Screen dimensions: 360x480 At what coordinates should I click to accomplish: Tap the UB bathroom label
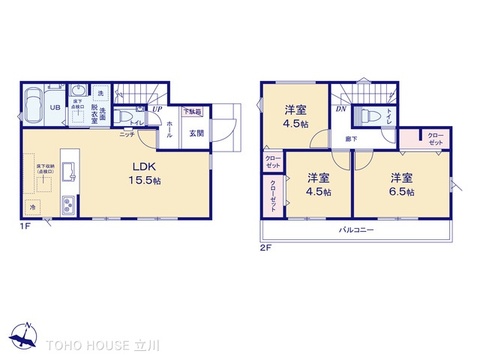[56, 110]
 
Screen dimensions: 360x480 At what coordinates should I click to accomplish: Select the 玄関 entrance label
[196, 134]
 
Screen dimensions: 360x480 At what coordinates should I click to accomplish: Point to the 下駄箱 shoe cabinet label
[193, 112]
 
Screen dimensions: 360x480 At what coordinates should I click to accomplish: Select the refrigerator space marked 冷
[31, 206]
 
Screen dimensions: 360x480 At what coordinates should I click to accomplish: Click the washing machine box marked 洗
[99, 93]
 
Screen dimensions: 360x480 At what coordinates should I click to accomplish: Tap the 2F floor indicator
[266, 246]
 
